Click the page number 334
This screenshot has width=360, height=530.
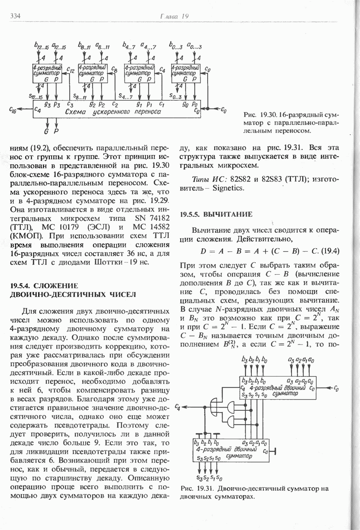tap(16, 16)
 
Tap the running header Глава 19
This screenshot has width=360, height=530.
tap(174, 16)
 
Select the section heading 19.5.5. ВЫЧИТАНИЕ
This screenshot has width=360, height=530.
tap(216, 215)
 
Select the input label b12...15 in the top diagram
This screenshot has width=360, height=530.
tap(41, 45)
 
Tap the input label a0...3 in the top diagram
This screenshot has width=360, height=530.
tap(194, 45)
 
